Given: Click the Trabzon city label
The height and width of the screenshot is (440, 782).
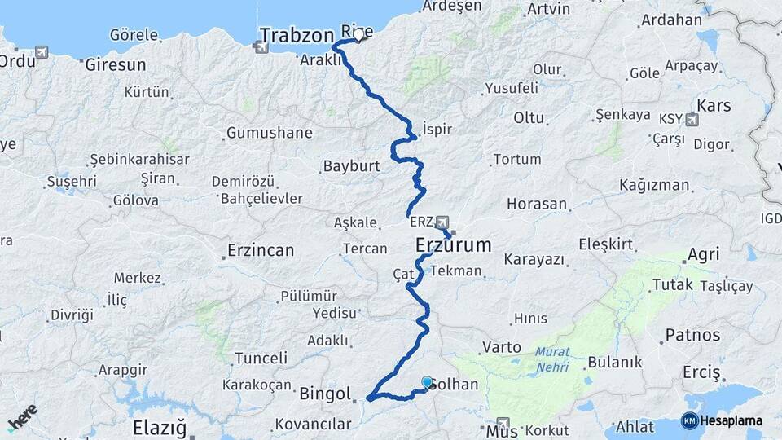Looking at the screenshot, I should coord(297,35).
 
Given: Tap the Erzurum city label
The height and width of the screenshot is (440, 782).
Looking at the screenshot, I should coord(454,244).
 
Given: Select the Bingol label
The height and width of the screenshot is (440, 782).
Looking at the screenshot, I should coord(324,394).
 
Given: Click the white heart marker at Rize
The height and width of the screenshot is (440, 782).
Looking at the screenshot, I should coord(358,35).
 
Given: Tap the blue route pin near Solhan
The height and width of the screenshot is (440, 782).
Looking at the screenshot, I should coord(427,382).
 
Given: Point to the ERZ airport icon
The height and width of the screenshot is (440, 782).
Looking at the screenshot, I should coord(442,222).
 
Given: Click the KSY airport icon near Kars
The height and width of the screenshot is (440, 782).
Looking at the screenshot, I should coord(692,121).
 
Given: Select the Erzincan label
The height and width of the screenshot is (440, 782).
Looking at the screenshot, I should coord(261,250).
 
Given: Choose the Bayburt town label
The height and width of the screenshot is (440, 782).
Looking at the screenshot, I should coord(352,166).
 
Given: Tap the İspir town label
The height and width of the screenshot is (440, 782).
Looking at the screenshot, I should coord(437,130).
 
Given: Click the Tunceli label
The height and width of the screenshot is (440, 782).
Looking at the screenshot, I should coord(261,358).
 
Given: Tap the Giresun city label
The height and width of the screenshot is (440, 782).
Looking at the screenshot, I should coord(116,64).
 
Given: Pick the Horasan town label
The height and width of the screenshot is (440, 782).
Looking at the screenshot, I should coord(536,203).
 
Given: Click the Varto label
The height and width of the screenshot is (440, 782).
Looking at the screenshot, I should coord(501,347).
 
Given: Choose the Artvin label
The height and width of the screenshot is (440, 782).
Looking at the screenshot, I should coord(548,10).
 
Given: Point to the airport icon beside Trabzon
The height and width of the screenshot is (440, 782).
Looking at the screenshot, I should coord(261,46).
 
